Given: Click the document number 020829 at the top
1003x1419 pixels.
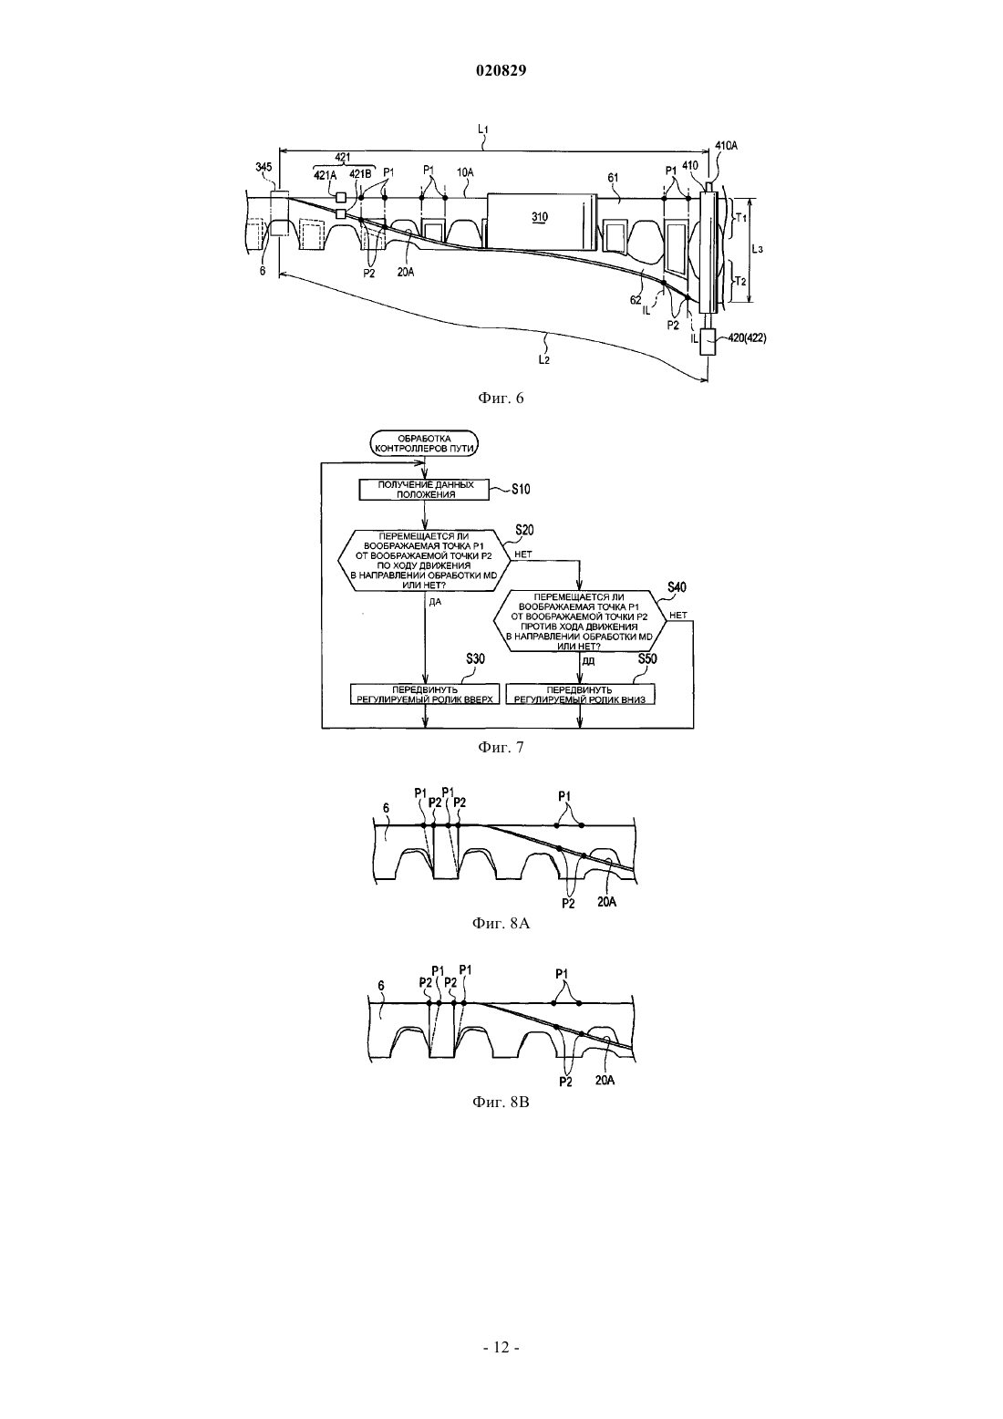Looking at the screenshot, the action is coord(501,70).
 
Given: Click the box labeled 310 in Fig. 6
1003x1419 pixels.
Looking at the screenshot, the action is coord(541,220).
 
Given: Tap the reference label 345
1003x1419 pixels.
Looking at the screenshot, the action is coord(264,167).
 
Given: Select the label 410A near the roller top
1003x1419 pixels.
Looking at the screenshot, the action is coord(727,145).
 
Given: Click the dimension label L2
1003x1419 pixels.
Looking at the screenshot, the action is coord(543,360).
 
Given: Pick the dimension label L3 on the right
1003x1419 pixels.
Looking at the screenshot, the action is coord(757,249).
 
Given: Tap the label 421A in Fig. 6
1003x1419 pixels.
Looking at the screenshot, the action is coord(326,175).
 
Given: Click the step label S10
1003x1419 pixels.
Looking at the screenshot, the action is coord(522,489).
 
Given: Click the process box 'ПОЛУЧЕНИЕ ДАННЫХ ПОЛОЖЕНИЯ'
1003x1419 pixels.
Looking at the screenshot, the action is coord(425,490).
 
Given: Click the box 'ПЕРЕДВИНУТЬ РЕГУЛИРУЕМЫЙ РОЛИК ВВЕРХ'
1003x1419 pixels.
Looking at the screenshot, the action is coord(425,694).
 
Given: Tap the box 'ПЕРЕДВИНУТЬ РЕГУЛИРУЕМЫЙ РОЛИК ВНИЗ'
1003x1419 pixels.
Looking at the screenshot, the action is coord(581,694).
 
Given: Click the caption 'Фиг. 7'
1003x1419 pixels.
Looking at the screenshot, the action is coord(501,748).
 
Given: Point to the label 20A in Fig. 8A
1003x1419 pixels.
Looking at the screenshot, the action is coord(606,901).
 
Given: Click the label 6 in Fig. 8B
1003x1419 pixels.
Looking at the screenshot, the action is coord(380,987).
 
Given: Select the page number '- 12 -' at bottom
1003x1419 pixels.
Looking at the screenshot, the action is coord(501,1347).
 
